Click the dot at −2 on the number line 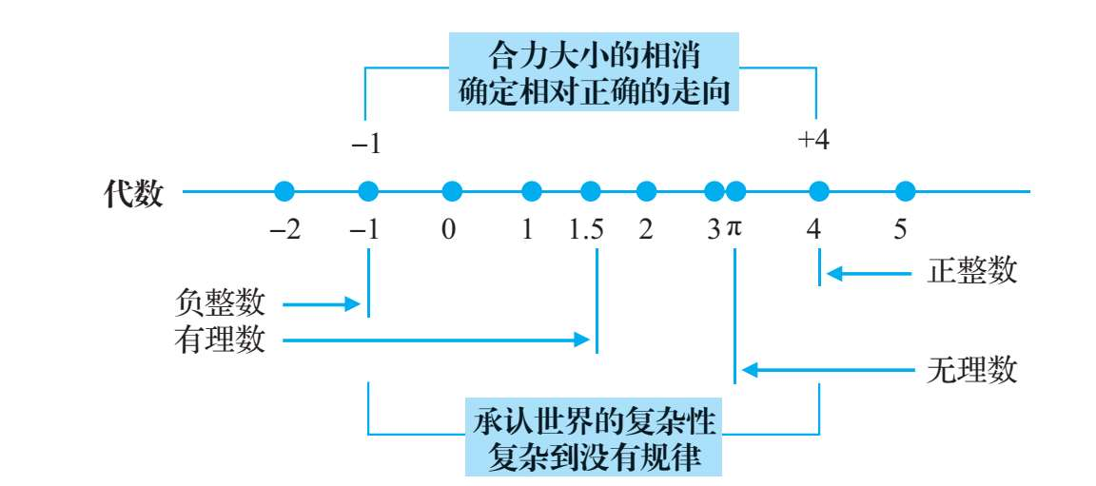pos(284,191)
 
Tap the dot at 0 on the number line pos(452,191)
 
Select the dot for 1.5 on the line pos(591,191)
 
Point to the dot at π pos(734,191)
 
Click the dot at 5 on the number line pos(906,191)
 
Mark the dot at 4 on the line pos(818,191)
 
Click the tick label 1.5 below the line pos(588,231)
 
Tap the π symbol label pos(733,231)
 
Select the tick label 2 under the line pos(646,231)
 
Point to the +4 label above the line pos(814,140)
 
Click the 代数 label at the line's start pos(133,193)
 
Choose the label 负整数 pos(221,304)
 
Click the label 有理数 pos(221,340)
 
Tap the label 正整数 pos(971,272)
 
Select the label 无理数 pos(971,370)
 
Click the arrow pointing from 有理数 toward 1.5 pos(434,340)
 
